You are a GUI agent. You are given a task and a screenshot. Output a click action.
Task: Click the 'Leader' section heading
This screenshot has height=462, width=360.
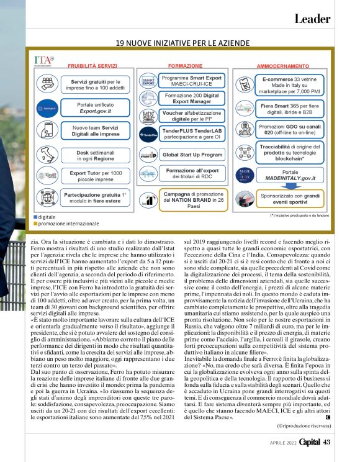[312, 19]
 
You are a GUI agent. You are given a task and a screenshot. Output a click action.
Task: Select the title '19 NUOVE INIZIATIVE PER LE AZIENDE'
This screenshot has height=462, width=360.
[183, 43]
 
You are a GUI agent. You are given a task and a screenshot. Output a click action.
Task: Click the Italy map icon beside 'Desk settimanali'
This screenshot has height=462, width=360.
[47, 154]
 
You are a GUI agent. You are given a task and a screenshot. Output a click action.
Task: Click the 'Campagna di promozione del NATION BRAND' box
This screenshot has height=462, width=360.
[187, 198]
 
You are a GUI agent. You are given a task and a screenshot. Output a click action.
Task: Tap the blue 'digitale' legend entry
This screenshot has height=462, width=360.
[45, 217]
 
